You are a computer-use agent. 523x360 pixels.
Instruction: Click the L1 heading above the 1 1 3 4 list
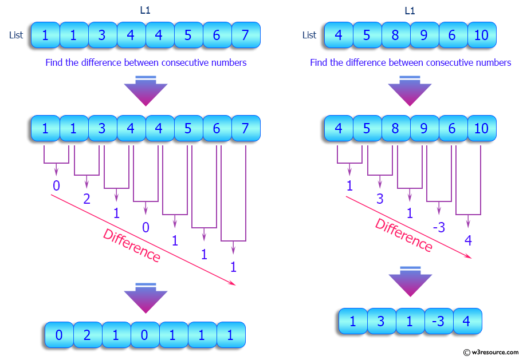click(x=146, y=10)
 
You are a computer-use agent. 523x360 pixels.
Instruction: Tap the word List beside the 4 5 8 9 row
click(x=309, y=35)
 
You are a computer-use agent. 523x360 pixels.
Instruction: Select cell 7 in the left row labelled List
click(x=245, y=35)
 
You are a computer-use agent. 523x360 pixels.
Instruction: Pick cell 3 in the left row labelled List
click(x=102, y=35)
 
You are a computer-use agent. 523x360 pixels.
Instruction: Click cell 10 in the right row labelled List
click(x=481, y=35)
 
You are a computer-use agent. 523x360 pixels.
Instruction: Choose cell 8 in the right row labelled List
click(x=395, y=35)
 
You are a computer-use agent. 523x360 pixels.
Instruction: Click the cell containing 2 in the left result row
click(x=88, y=335)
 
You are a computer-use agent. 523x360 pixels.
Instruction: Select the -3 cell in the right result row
click(x=438, y=322)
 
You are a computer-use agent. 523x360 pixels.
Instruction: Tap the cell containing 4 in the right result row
click(x=466, y=322)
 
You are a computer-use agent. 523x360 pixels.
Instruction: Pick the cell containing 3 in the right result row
click(x=381, y=322)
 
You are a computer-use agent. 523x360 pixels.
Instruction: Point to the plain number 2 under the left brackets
click(x=87, y=199)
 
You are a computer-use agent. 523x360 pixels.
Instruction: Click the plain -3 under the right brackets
click(x=439, y=227)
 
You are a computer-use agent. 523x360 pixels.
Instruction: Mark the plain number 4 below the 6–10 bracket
click(x=468, y=240)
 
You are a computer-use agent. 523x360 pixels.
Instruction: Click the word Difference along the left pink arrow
click(x=132, y=246)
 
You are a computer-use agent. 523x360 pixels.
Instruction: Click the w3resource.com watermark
click(x=490, y=351)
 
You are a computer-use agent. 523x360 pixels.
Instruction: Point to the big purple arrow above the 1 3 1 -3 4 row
click(x=410, y=281)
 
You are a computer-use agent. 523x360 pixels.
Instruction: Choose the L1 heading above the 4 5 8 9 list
click(x=410, y=10)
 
